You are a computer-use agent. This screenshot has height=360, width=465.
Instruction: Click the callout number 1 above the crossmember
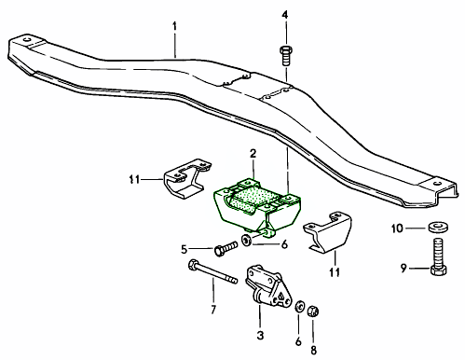(175, 26)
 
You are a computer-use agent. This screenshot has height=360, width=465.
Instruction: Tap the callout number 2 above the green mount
(253, 153)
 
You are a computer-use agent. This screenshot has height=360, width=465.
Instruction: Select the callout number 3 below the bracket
(260, 335)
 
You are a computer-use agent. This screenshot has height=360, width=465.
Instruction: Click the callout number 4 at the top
(285, 15)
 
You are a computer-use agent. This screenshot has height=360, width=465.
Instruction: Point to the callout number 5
(185, 249)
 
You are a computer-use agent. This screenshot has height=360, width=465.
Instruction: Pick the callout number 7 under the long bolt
(213, 310)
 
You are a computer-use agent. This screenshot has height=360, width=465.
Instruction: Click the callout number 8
(314, 350)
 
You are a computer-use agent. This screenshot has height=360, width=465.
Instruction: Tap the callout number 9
(403, 268)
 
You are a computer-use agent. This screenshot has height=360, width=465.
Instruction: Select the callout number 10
(397, 228)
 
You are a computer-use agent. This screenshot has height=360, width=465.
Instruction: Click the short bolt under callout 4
(286, 56)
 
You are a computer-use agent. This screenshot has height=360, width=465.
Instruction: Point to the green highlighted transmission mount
(257, 206)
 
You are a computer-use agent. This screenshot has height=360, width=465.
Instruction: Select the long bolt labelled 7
(212, 271)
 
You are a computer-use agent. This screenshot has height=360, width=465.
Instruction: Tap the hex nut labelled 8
(313, 311)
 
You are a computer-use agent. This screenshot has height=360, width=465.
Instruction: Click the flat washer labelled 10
(438, 227)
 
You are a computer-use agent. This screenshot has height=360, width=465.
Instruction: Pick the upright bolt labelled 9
(439, 256)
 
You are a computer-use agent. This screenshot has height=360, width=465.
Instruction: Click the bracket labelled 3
(268, 286)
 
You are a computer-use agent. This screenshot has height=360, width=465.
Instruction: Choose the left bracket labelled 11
(187, 178)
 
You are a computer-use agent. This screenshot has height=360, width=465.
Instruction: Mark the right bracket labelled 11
(327, 232)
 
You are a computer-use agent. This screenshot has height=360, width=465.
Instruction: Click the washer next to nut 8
(299, 307)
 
